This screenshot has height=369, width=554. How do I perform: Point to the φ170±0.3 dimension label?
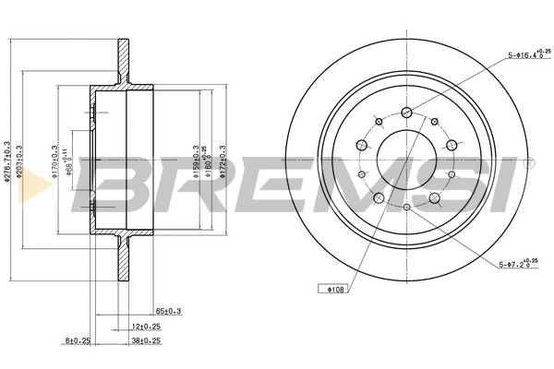point(55,160)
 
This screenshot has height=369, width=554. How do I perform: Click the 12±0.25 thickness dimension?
point(144,327)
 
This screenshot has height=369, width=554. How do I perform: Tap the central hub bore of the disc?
point(407,158)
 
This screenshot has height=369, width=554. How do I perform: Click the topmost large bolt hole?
point(407,112)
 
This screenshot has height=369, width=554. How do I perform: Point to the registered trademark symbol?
point(529,165)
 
